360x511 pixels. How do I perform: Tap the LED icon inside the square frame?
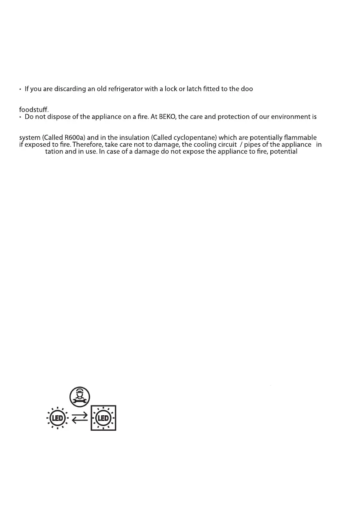[103, 418]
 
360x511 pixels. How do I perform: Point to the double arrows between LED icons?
[80, 418]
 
